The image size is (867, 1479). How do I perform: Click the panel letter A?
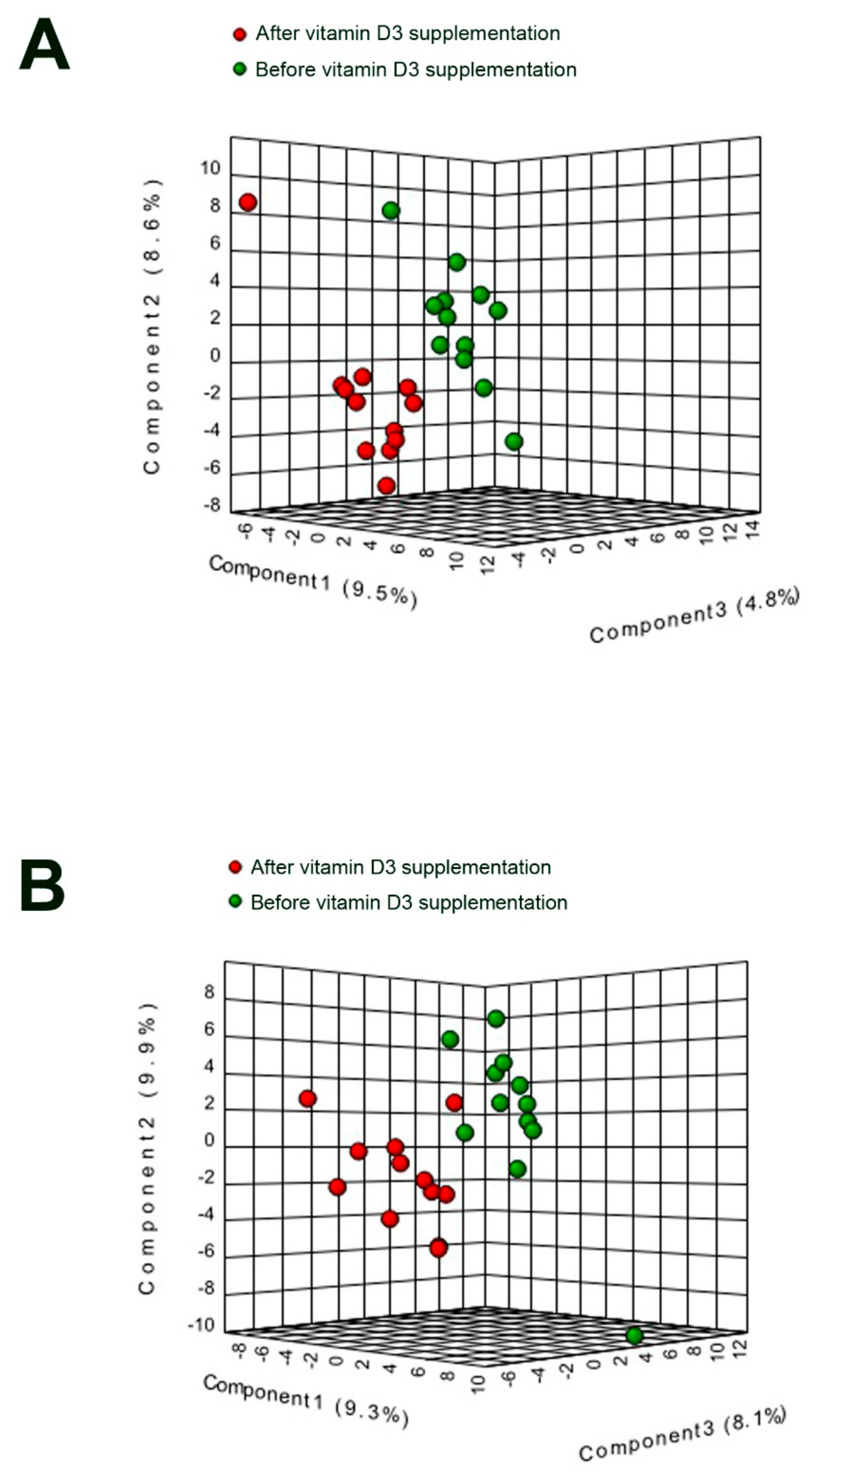45,45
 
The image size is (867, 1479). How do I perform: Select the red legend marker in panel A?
239,34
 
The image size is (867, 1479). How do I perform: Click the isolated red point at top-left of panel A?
248,203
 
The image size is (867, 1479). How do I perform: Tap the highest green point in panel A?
391,210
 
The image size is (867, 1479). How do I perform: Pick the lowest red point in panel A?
386,485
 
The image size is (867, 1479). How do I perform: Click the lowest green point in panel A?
514,441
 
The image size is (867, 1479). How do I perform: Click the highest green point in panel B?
496,1018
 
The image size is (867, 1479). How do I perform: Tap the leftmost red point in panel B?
308,1099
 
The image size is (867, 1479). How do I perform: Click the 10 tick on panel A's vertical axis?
210,169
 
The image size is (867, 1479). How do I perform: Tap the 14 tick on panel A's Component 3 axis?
754,529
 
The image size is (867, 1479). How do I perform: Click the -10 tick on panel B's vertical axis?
201,1325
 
